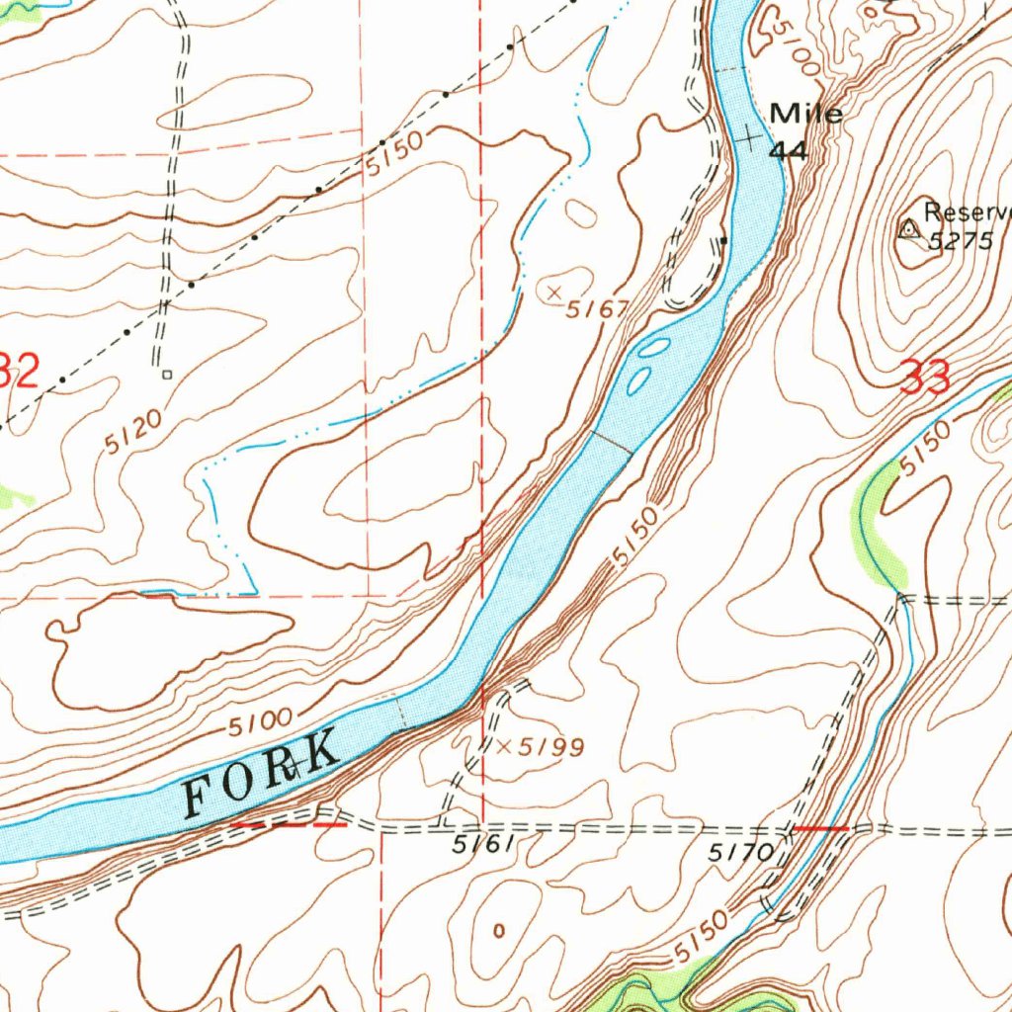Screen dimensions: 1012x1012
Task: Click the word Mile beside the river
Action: [806, 114]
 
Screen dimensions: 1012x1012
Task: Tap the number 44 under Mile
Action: [790, 150]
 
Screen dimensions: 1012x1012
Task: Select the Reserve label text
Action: [967, 212]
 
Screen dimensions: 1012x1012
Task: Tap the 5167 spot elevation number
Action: [597, 309]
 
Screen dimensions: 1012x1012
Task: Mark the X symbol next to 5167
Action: [554, 291]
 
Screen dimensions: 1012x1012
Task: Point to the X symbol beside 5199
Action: [503, 747]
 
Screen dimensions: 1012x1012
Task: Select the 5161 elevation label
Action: [483, 846]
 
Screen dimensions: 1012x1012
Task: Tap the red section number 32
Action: [20, 373]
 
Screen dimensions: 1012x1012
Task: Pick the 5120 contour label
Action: [133, 433]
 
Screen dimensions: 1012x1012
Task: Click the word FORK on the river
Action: [263, 774]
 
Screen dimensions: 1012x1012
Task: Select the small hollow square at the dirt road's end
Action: [167, 375]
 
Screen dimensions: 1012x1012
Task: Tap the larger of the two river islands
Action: [654, 348]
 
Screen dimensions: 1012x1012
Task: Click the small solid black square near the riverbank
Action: [723, 240]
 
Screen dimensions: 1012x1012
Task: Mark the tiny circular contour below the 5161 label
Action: [498, 930]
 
